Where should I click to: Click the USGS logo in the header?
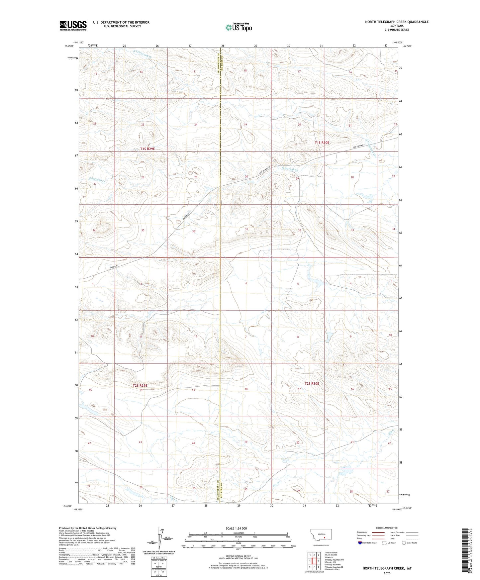pyautogui.click(x=73, y=25)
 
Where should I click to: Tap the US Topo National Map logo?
pyautogui.click(x=239, y=27)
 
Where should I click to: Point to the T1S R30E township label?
pyautogui.click(x=322, y=143)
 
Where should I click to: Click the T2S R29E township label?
pyautogui.click(x=140, y=385)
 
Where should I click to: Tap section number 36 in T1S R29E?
pyautogui.click(x=194, y=231)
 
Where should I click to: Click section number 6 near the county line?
pyautogui.click(x=246, y=283)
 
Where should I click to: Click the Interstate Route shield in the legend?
pyautogui.click(x=360, y=543)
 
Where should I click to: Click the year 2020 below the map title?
pyautogui.click(x=387, y=573)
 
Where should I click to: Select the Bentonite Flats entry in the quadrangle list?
pyautogui.click(x=332, y=569)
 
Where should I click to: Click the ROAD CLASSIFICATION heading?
pyautogui.click(x=387, y=528)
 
